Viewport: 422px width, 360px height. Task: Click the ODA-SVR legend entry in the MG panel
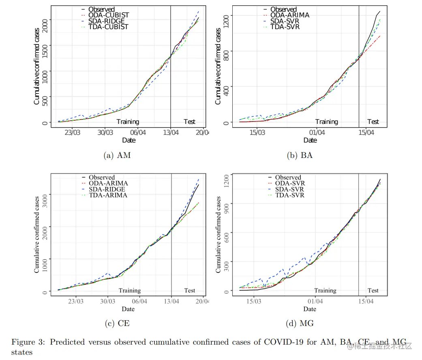pos(289,183)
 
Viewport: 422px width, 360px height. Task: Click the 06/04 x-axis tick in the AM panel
pos(138,132)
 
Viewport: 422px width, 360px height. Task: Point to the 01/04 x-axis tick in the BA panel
pos(317,132)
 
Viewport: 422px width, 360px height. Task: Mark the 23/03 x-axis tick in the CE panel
pos(76,301)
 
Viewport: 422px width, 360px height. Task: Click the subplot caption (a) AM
pos(117,155)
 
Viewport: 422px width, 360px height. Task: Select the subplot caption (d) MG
pos(300,323)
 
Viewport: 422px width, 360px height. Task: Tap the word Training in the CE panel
pos(129,290)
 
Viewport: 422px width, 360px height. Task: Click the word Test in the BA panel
pos(373,121)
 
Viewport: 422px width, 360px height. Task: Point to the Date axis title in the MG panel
pos(310,309)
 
